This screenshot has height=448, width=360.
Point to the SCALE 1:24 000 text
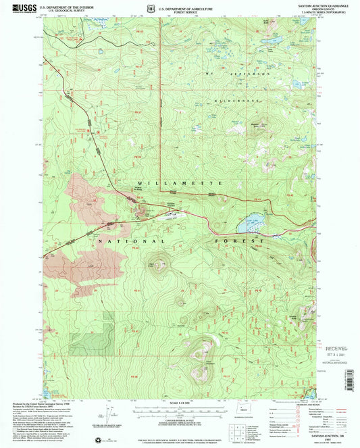[179, 403]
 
